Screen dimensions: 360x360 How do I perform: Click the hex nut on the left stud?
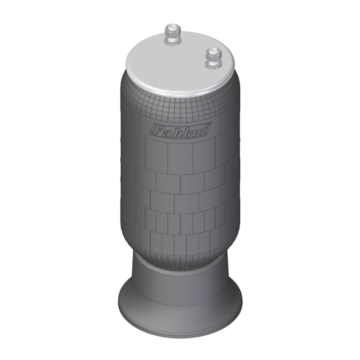point(173,35)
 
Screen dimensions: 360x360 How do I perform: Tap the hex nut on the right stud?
point(213,56)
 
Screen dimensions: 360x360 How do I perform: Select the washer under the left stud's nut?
point(173,43)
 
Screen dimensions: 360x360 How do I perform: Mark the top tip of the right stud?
point(213,48)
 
